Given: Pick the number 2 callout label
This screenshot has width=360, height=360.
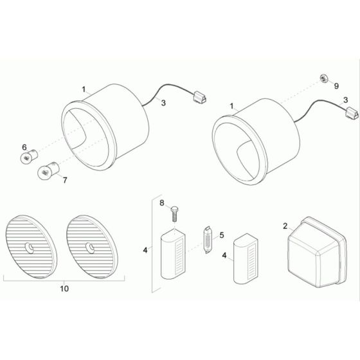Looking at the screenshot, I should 285,226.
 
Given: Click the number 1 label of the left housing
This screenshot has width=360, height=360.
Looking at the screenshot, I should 84,89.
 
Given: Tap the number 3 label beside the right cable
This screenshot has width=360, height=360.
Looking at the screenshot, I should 346,100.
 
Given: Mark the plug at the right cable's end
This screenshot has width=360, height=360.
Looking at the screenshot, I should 350,113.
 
